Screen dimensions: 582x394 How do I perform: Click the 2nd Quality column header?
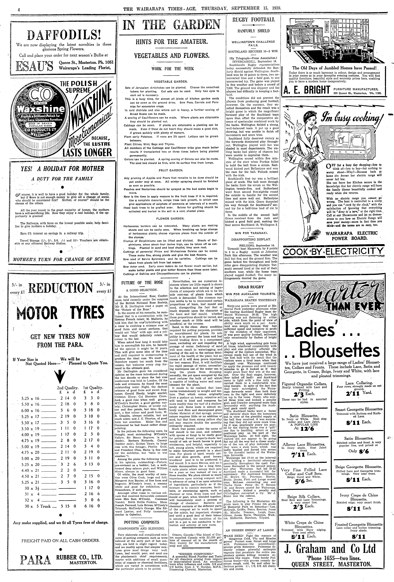[x=68, y=388]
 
